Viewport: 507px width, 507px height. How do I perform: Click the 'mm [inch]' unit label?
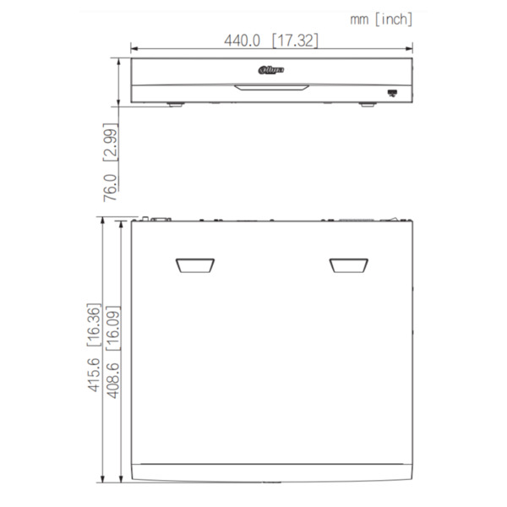click(381, 19)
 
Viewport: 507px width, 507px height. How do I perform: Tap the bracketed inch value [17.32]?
click(295, 41)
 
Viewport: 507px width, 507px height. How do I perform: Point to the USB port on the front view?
click(392, 90)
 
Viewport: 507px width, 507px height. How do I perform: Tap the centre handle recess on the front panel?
click(271, 85)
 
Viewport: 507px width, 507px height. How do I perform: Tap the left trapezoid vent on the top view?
click(194, 265)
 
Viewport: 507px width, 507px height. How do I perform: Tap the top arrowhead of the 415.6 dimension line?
click(102, 220)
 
